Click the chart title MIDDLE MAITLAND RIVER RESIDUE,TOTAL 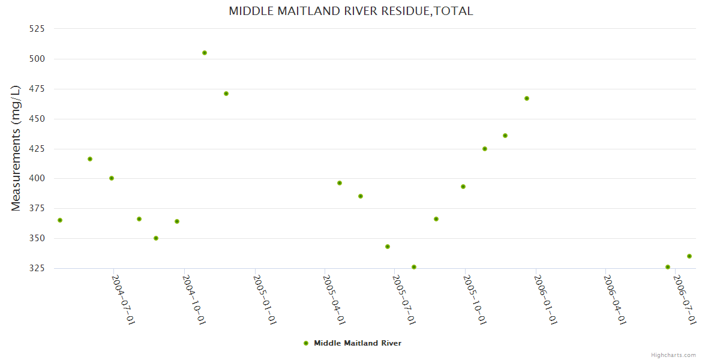pos(351,11)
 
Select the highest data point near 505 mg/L pos(205,53)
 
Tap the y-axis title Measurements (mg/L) pos(16,148)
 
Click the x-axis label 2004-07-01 pos(124,300)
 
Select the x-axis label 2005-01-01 pos(265,300)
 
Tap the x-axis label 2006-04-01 pos(615,300)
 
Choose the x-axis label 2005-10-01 pos(475,300)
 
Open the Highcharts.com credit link pos(673,355)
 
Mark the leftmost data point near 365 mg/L pos(60,220)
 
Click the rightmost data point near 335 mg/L pos(689,256)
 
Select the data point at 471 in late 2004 pos(226,94)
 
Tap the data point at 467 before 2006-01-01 pos(527,98)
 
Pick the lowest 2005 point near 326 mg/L pos(414,267)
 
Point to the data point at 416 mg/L pos(90,159)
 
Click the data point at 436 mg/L pos(505,136)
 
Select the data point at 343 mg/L pos(388,247)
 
